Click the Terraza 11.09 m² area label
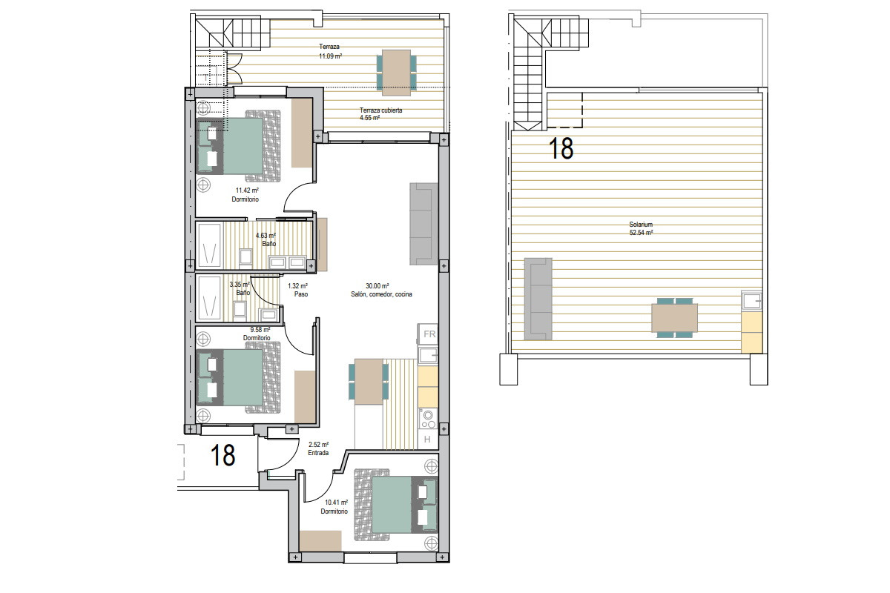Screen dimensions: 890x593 330,52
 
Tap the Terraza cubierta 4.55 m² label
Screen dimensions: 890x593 380,114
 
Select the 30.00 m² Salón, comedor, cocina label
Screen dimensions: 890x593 381,290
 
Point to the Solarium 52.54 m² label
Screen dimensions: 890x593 641,228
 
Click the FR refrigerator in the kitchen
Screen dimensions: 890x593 428,334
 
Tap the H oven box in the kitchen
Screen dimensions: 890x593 428,439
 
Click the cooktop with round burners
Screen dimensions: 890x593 428,419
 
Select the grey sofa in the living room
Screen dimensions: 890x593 423,224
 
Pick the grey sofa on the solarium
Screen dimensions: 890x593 538,299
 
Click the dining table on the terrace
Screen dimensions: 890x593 396,73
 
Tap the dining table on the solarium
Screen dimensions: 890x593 674,318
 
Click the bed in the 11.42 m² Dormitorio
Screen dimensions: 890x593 238,146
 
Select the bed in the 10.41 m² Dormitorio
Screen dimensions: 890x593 396,505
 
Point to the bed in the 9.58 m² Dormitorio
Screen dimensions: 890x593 238,377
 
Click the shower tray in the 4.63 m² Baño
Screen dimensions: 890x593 209,245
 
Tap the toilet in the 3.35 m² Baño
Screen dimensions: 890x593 240,309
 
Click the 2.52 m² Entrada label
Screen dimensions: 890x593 318,448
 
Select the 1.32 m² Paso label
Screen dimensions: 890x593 298,290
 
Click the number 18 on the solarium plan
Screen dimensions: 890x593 561,148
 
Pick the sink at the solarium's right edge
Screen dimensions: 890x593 752,301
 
